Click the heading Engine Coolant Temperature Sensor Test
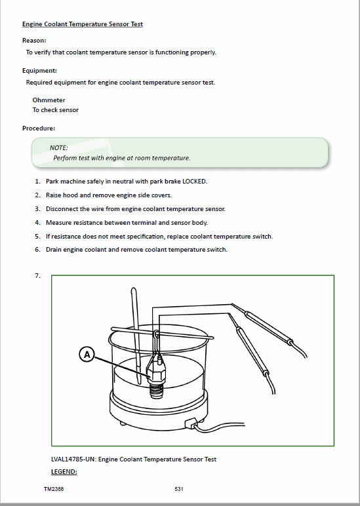(x=83, y=24)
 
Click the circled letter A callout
(x=87, y=355)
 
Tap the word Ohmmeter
(x=49, y=100)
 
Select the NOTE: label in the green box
(x=58, y=147)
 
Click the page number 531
(x=179, y=489)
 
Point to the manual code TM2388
(x=54, y=489)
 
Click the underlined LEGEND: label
(x=64, y=472)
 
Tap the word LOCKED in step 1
(x=195, y=182)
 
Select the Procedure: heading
(x=39, y=128)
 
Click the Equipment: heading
(x=39, y=71)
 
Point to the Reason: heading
(x=34, y=41)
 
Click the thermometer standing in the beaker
(x=136, y=336)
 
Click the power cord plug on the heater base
(x=191, y=423)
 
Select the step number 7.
(x=37, y=275)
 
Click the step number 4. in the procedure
(x=37, y=223)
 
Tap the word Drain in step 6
(x=53, y=250)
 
